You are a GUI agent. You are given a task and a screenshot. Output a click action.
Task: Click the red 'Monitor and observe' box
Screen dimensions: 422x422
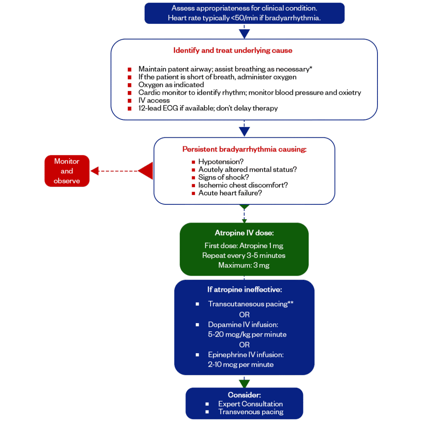[x=67, y=171]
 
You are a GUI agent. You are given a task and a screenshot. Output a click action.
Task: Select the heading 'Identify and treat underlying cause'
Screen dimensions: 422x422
[x=233, y=51]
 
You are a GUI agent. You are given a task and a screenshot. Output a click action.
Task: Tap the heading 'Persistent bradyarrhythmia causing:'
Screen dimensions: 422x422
[x=244, y=149]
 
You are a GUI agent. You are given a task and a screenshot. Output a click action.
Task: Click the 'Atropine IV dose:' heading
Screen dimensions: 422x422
[x=244, y=233]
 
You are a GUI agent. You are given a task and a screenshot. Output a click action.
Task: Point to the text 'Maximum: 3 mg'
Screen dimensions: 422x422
[x=244, y=265]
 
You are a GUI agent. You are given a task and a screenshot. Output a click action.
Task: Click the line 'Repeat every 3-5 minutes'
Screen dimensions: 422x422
[x=244, y=256]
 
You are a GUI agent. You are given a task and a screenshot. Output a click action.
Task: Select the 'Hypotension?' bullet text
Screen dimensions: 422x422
[x=221, y=162]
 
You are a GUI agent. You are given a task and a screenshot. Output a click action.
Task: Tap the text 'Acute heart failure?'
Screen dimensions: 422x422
[x=230, y=193]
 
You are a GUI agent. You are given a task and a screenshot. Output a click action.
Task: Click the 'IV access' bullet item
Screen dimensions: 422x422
[x=154, y=101]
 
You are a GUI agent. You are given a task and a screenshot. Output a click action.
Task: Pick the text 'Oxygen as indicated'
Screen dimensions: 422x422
[x=171, y=85]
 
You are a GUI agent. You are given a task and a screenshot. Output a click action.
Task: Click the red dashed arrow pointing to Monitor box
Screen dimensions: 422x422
[x=122, y=171]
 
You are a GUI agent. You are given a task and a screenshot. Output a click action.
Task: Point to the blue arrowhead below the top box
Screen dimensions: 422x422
[x=244, y=34]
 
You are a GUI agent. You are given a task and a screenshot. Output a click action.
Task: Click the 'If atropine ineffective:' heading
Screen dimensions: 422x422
[x=244, y=290]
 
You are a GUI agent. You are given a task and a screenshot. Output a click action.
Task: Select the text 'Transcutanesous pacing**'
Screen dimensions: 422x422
[x=251, y=304]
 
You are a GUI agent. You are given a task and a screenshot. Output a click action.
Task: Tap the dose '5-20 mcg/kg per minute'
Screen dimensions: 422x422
[x=247, y=335]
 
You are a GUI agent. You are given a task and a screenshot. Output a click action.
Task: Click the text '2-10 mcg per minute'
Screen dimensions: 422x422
[x=241, y=365]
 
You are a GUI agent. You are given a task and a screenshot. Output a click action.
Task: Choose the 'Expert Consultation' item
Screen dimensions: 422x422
[x=251, y=404]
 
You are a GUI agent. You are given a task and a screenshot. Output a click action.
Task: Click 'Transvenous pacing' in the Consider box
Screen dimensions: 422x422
[x=251, y=412]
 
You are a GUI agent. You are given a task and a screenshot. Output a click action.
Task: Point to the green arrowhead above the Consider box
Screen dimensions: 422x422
[x=244, y=384]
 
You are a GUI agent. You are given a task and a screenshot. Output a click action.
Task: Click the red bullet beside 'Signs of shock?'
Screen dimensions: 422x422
[x=193, y=178]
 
